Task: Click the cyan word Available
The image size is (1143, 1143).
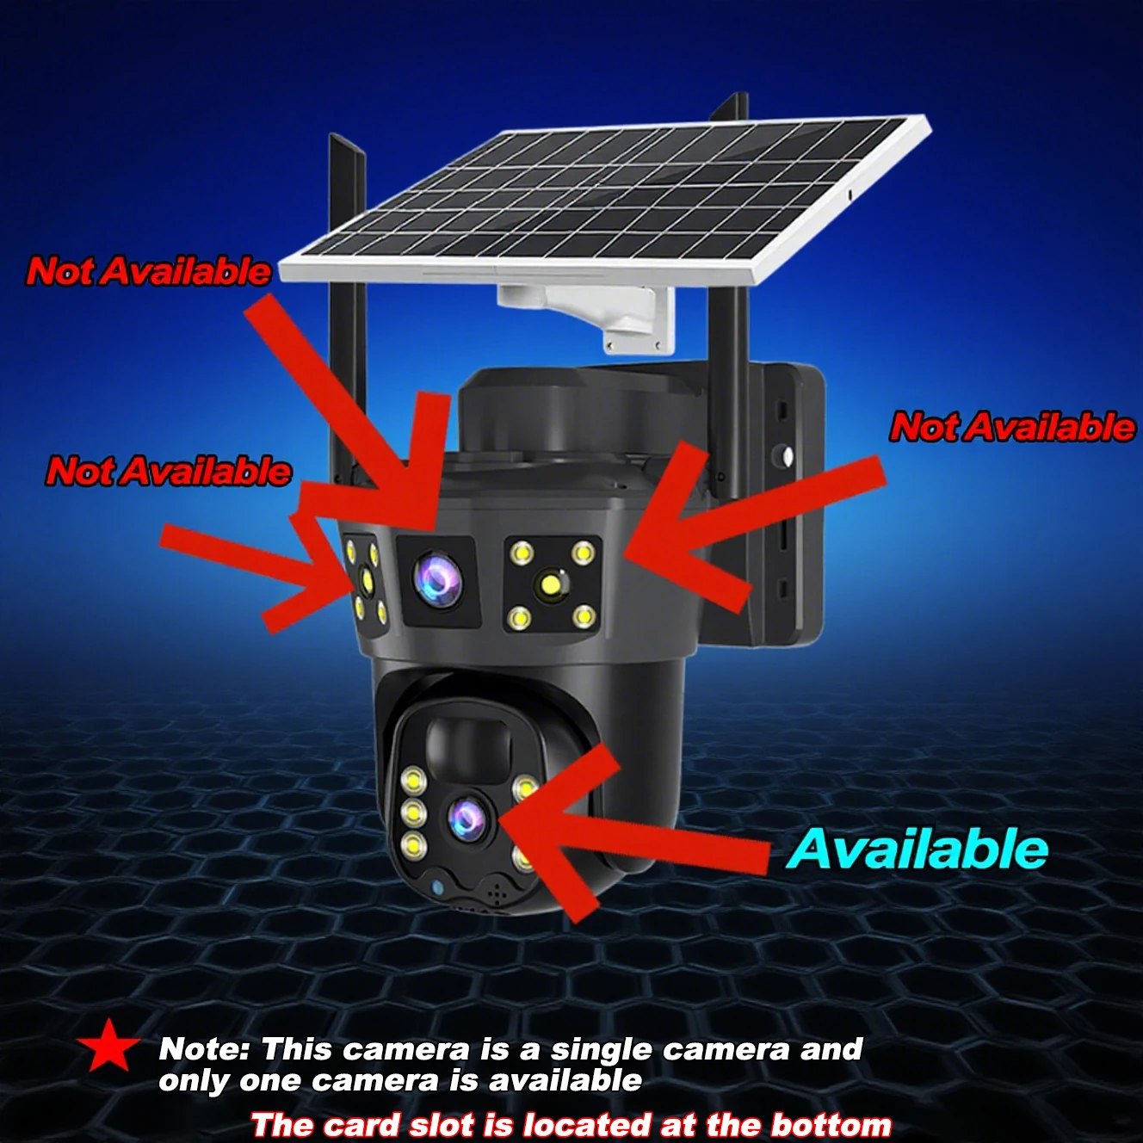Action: pyautogui.click(x=917, y=850)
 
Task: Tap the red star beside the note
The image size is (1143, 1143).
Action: pyautogui.click(x=108, y=1046)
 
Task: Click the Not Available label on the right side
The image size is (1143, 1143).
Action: pyautogui.click(x=1012, y=427)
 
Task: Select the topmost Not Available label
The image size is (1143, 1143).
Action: pyautogui.click(x=149, y=271)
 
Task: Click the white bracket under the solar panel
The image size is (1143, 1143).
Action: pyautogui.click(x=602, y=314)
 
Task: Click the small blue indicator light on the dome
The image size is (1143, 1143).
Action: pyautogui.click(x=436, y=887)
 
